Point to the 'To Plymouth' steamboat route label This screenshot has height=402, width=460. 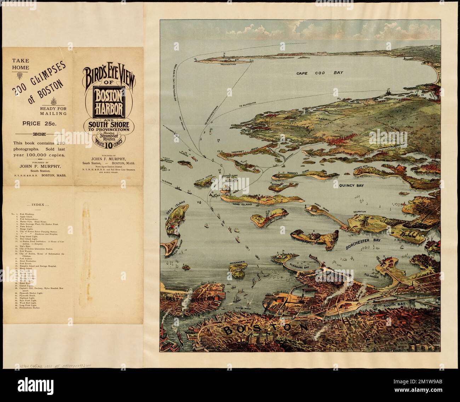click(247, 106)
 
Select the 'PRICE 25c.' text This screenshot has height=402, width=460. click(35, 124)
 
